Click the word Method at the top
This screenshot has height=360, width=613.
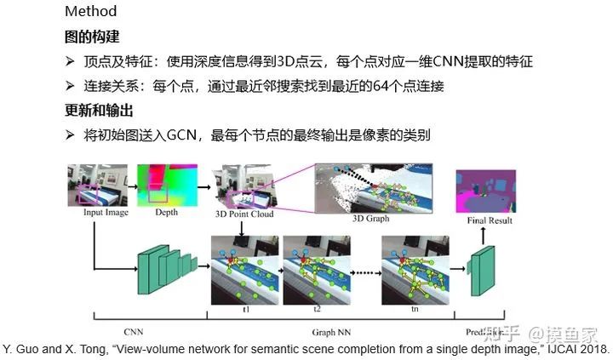point(90,13)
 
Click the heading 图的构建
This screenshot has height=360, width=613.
point(92,37)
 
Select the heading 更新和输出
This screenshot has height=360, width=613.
point(99,111)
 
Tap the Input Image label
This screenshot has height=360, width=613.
point(106,213)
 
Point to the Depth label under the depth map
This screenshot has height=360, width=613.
point(166,213)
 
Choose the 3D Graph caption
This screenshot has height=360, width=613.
point(370,219)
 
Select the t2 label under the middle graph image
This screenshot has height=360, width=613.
point(317,310)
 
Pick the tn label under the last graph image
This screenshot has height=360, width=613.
point(415,310)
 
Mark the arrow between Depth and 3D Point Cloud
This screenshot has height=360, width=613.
point(205,185)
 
